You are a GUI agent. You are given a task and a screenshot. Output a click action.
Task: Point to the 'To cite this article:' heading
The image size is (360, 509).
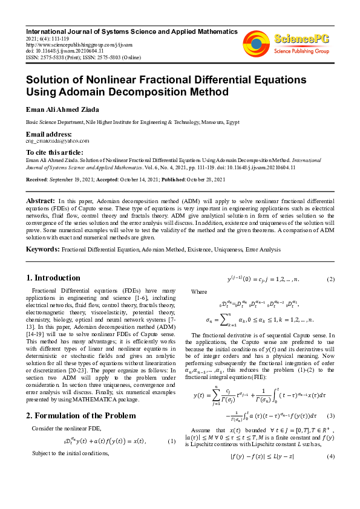pos(54,152)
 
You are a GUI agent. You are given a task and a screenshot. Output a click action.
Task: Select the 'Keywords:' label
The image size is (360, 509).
pos(42,248)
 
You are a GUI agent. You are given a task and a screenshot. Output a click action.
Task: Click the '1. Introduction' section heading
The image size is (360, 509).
pos(54,277)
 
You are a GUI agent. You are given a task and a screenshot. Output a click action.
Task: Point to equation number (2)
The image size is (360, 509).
pos(331,279)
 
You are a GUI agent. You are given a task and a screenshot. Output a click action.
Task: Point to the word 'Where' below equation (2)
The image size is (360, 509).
pos(199,291)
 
